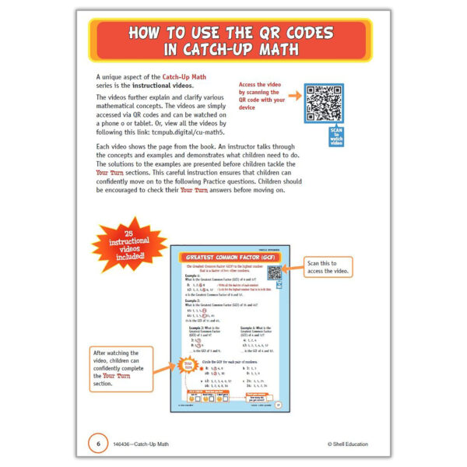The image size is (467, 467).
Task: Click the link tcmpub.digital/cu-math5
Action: coord(181,132)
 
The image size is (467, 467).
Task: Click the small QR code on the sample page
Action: coord(274,273)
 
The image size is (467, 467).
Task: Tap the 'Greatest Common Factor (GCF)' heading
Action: coord(230,256)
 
